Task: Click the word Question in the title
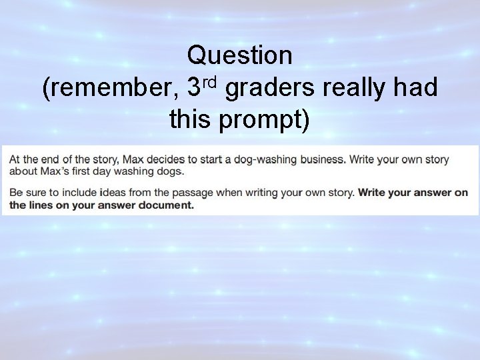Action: tap(240, 56)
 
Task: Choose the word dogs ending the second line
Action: tap(169, 172)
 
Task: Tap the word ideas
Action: tap(114, 193)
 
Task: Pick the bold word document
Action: tap(165, 205)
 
